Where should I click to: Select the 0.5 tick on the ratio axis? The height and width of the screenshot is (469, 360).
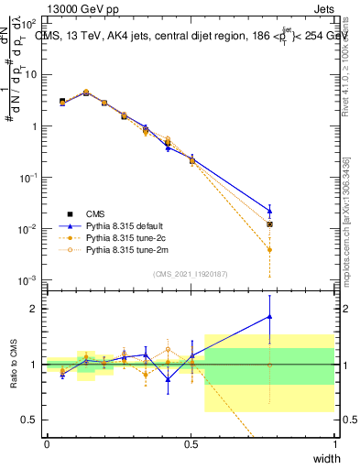pos(30,420)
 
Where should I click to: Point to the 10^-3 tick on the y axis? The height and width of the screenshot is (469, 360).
pos(28,279)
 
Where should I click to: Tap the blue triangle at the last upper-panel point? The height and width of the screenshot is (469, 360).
pos(269,210)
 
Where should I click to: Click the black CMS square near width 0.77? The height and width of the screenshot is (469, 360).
pos(269,224)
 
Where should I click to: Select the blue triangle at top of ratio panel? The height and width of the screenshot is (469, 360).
pos(269,316)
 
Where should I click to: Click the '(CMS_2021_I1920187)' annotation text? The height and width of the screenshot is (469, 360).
pos(191,273)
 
